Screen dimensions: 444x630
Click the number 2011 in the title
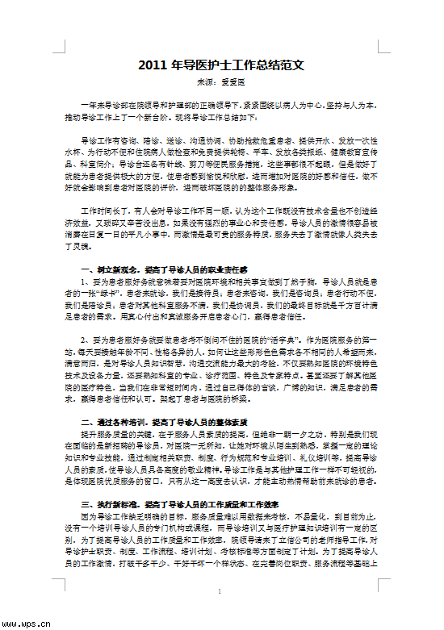pyautogui.click(x=154, y=64)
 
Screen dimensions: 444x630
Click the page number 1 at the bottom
pyautogui.click(x=220, y=591)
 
